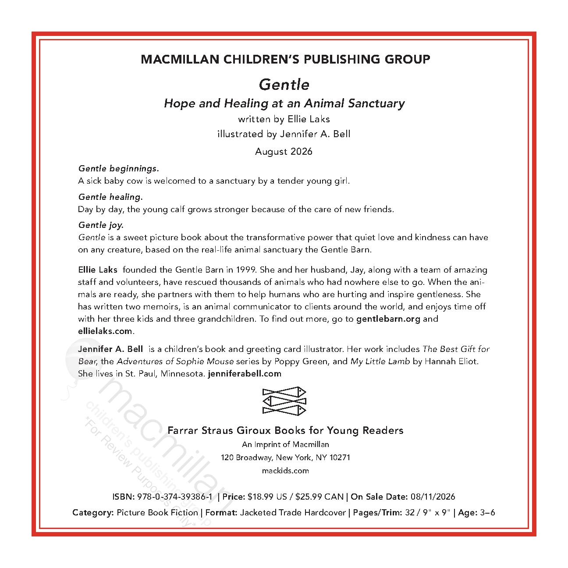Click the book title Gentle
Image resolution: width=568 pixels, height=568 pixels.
pyautogui.click(x=284, y=85)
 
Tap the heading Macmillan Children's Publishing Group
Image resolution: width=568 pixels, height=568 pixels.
pyautogui.click(x=285, y=59)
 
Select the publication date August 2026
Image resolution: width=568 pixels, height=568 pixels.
pyautogui.click(x=284, y=152)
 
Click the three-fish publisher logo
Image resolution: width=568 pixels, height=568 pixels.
pyautogui.click(x=284, y=401)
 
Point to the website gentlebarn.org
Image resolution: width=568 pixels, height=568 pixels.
pyautogui.click(x=388, y=319)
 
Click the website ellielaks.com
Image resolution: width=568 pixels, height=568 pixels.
pyautogui.click(x=105, y=331)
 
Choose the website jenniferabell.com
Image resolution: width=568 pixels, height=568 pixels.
pyautogui.click(x=245, y=374)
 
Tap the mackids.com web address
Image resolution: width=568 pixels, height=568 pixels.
pyautogui.click(x=285, y=471)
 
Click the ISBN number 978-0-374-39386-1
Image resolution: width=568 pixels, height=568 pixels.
pyautogui.click(x=174, y=497)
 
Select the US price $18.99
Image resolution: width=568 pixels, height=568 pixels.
pyautogui.click(x=261, y=497)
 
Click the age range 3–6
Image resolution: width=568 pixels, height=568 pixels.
pyautogui.click(x=487, y=512)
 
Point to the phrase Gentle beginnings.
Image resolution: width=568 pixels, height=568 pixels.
pyautogui.click(x=118, y=168)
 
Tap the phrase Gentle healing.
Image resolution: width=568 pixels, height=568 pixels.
pyautogui.click(x=110, y=197)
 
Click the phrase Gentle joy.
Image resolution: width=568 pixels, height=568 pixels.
pyautogui.click(x=101, y=225)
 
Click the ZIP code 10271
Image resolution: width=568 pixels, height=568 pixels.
pyautogui.click(x=340, y=458)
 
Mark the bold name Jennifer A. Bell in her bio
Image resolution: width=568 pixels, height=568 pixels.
pyautogui.click(x=110, y=349)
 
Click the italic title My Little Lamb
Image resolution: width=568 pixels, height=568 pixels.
pyautogui.click(x=380, y=362)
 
